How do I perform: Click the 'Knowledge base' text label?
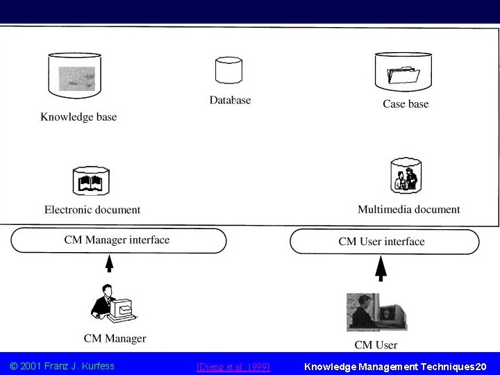[78, 117]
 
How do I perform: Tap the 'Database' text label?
[230, 100]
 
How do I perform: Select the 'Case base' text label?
[406, 104]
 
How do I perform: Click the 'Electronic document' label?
[92, 209]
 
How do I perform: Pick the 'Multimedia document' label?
[409, 209]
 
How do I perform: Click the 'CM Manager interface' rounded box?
[117, 240]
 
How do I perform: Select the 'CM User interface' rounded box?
[383, 242]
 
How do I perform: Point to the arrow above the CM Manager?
[110, 265]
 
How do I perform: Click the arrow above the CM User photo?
[381, 267]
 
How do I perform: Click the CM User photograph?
[376, 311]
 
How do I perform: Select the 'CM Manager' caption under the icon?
[115, 339]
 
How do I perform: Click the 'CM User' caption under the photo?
[376, 344]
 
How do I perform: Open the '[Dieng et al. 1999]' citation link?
[233, 366]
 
